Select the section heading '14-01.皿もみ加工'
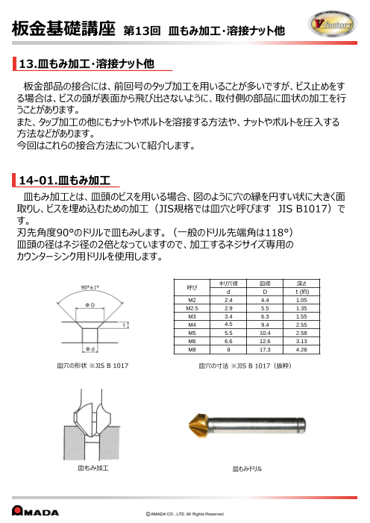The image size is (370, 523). pos(64,181)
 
